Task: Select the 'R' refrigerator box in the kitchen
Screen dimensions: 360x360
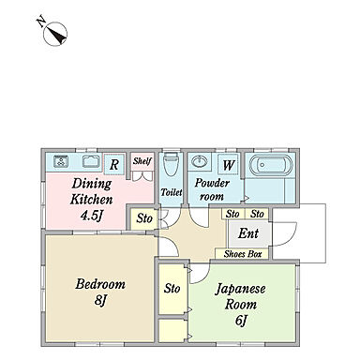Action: click(113, 165)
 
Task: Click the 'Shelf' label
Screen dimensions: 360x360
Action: click(142, 160)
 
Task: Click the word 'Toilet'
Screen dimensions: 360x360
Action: click(171, 192)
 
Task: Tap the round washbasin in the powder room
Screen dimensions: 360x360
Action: click(199, 161)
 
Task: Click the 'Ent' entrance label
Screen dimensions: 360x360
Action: click(248, 233)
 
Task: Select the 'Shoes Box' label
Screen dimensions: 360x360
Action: click(246, 253)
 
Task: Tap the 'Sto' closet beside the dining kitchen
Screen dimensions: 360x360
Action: click(143, 218)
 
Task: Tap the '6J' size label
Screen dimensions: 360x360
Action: click(240, 321)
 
